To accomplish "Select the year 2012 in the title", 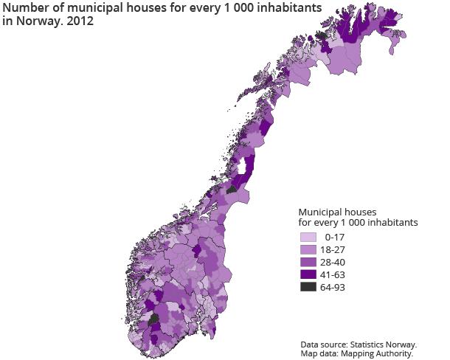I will point(80,21).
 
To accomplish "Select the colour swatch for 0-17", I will point(308,238).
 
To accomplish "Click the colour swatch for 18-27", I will point(308,250).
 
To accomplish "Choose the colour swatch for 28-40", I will point(308,263).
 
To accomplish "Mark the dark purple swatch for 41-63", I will point(308,274).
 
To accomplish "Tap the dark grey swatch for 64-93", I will point(308,287).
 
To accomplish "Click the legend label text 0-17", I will point(334,238).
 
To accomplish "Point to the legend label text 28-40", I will point(333,263).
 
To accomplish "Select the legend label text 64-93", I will point(333,287).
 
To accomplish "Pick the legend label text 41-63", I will point(333,274).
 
